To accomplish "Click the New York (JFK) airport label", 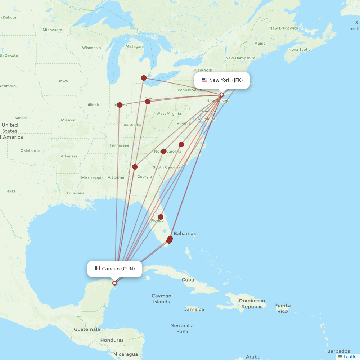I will [x=226, y=80].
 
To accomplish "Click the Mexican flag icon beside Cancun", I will [x=98, y=269].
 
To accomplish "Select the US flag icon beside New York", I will [x=204, y=80].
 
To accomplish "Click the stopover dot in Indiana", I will [x=120, y=105].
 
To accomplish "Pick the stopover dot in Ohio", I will [x=148, y=102].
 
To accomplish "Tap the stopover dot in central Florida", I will [x=161, y=217].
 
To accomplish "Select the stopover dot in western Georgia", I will [x=135, y=167].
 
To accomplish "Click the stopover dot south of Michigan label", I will [x=144, y=78].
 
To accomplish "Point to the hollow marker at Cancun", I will [x=114, y=283].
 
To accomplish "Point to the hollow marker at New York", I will [x=222, y=95].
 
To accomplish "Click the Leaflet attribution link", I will [x=350, y=356].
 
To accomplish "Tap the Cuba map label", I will [x=188, y=280].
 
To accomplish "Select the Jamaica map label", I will [x=194, y=309].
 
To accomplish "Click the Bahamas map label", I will [x=185, y=233].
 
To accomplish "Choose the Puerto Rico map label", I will [x=282, y=309].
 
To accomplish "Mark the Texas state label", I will [x=10, y=191].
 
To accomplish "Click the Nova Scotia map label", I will [x=299, y=50].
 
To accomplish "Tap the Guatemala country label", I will [x=87, y=329].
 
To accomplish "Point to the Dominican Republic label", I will [x=252, y=303].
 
